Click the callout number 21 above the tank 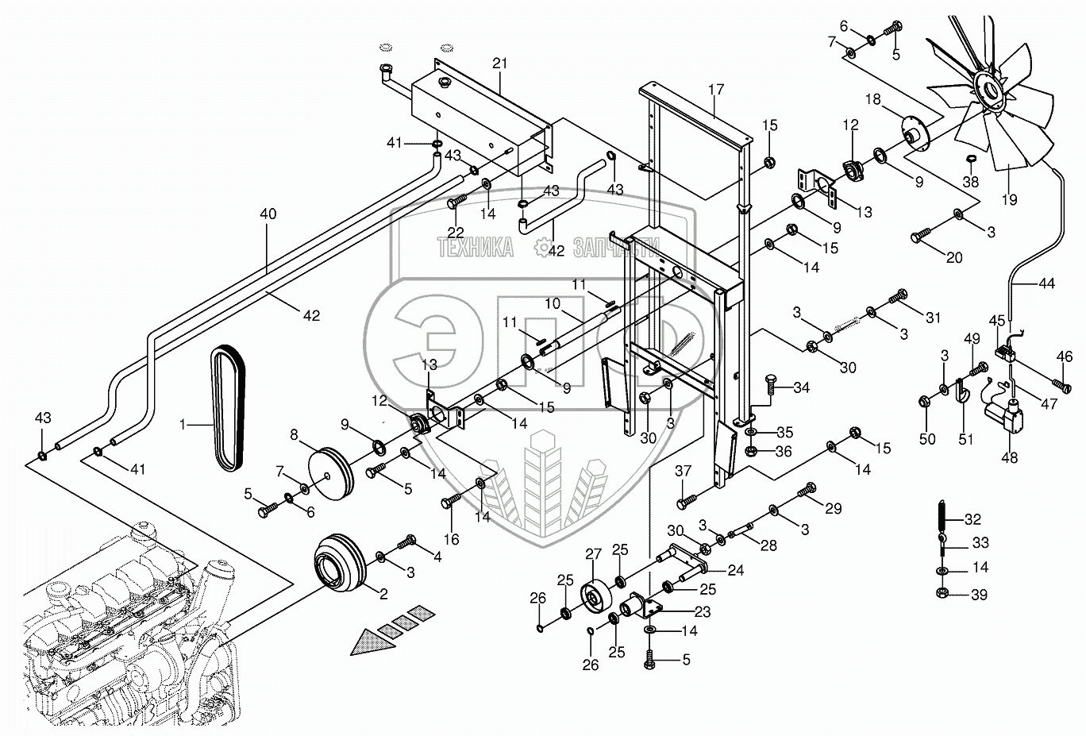(x=499, y=63)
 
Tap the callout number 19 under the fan (x=1008, y=199)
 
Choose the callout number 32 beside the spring (x=973, y=520)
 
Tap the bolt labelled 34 (x=773, y=386)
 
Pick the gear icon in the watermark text (x=542, y=249)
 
